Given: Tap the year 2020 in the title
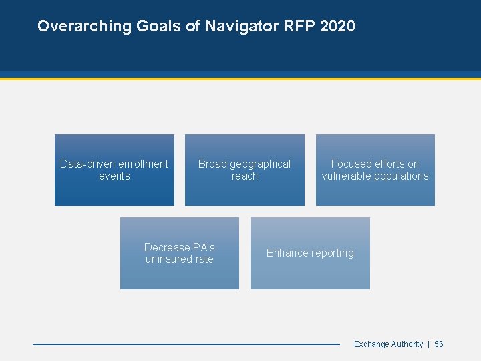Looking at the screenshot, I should coord(337,26).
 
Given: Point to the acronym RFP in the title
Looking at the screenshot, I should coord(295,26).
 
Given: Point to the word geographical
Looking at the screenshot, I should coord(260,164).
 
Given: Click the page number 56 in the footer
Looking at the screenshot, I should coord(439,344).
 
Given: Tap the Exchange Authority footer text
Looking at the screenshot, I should coord(388,344).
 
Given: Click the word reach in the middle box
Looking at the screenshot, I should coord(245,176).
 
